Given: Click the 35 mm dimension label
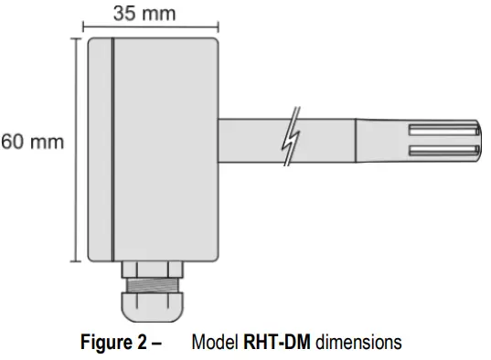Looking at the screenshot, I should (145, 14).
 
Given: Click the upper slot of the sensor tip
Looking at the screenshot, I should (444, 127).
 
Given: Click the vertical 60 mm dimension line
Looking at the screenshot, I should (75, 150).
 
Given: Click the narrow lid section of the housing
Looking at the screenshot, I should (99, 150).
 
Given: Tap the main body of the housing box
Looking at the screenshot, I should (165, 150).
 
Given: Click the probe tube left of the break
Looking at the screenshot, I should (251, 138).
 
